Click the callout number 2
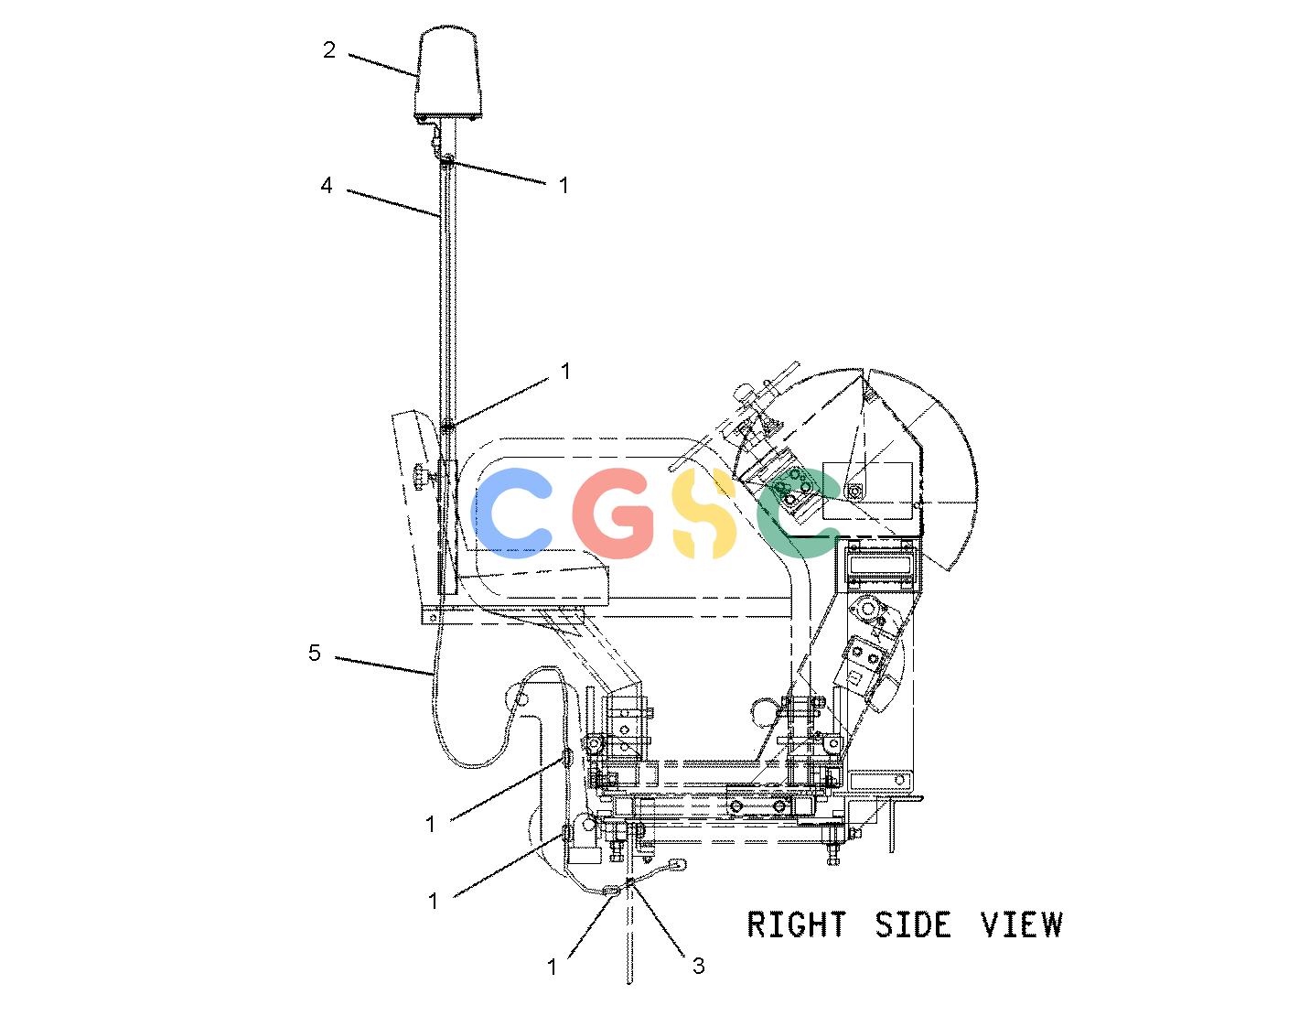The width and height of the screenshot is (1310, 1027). click(x=329, y=49)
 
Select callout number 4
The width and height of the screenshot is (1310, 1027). click(x=327, y=185)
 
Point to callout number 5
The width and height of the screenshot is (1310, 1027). click(x=315, y=653)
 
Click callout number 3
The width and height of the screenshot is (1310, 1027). click(x=699, y=966)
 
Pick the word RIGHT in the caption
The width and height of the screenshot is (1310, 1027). click(x=797, y=924)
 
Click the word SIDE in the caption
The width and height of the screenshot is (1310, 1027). click(x=913, y=924)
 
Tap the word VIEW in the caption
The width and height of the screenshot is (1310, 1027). click(x=1021, y=924)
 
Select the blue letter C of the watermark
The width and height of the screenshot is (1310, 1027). click(x=511, y=513)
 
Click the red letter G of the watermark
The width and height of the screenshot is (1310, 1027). click(x=613, y=513)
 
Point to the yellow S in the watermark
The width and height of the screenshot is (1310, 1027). click(x=704, y=513)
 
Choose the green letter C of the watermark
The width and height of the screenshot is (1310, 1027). click(x=798, y=513)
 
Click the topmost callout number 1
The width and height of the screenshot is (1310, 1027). click(x=564, y=185)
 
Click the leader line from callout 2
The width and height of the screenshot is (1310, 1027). click(x=381, y=65)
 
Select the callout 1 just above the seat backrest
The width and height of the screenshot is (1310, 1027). click(x=565, y=372)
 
